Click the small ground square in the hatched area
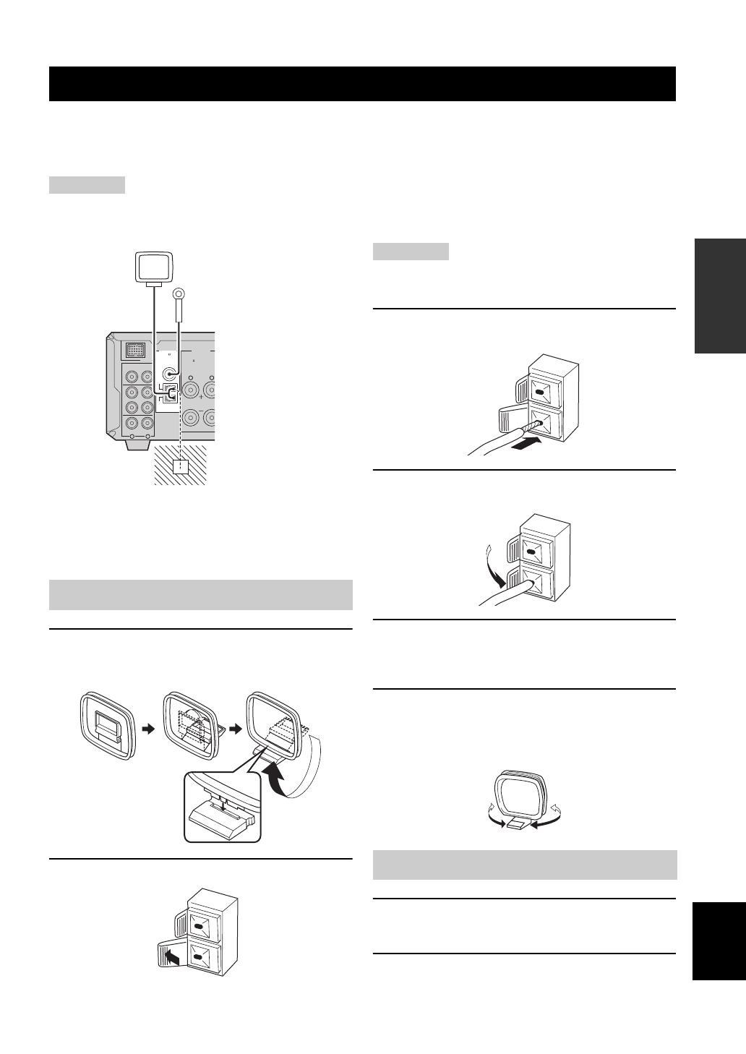[179, 467]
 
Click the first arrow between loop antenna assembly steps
[149, 730]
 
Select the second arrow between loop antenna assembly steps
[236, 730]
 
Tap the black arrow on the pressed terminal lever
[171, 958]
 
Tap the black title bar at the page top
[362, 84]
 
